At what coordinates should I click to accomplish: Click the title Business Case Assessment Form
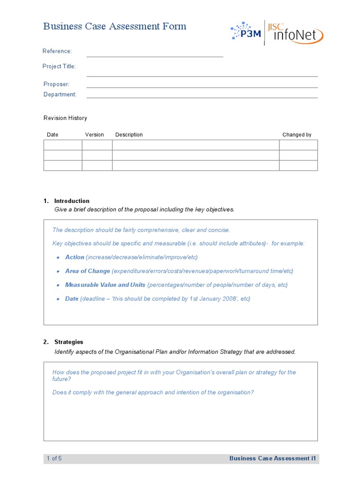click(x=115, y=26)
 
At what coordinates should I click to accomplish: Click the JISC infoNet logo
click(x=295, y=33)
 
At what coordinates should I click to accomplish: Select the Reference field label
click(x=57, y=51)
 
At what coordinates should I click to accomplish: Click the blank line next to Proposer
click(x=202, y=86)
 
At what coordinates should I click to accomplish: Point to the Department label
click(x=60, y=94)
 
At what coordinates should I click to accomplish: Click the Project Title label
click(x=59, y=66)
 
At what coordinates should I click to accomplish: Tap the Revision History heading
click(x=65, y=118)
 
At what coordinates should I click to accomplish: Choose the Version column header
click(x=94, y=135)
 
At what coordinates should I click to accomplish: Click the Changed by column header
click(x=297, y=135)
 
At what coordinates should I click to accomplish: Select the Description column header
click(x=129, y=135)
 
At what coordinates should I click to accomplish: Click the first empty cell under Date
click(x=63, y=145)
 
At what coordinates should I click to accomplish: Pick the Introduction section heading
click(x=72, y=201)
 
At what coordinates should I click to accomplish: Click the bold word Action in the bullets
click(x=75, y=257)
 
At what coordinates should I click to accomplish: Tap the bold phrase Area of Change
click(x=88, y=271)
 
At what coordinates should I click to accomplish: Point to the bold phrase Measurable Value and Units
click(x=105, y=285)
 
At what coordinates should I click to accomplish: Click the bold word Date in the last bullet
click(x=72, y=299)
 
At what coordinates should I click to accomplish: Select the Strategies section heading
click(x=68, y=342)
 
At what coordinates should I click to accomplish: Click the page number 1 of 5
click(x=54, y=458)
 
